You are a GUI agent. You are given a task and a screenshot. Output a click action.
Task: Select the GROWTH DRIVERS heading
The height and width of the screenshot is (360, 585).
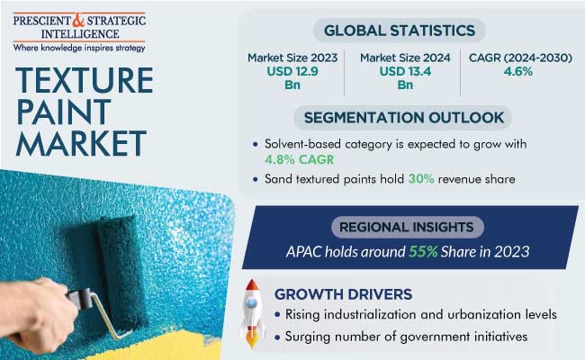(343, 293)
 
